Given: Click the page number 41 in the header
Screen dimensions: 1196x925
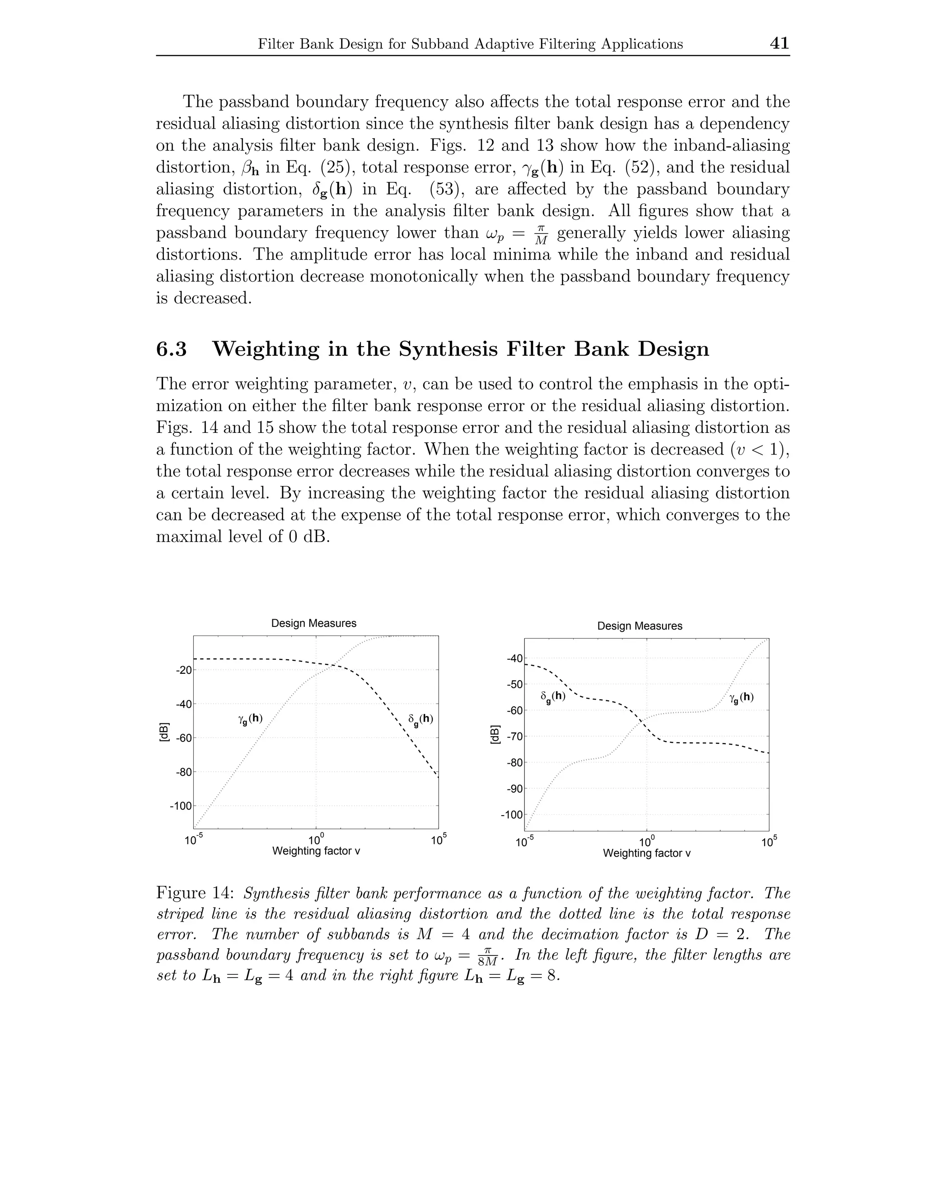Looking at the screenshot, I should pyautogui.click(x=779, y=43).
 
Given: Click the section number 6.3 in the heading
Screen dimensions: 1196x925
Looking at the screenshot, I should pyautogui.click(x=172, y=349).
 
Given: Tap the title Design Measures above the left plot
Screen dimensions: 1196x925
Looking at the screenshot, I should pyautogui.click(x=314, y=623).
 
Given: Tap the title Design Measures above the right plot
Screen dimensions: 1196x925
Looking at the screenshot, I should pyautogui.click(x=640, y=626).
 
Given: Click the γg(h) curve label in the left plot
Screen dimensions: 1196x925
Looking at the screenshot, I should pyautogui.click(x=250, y=719).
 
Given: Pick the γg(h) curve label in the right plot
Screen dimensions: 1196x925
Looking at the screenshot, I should pyautogui.click(x=742, y=698).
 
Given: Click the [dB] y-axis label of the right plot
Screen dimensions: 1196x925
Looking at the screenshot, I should pyautogui.click(x=495, y=734).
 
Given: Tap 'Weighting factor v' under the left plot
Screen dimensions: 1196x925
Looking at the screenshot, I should pyautogui.click(x=316, y=851).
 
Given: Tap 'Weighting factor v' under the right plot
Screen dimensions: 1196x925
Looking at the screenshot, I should pyautogui.click(x=647, y=853).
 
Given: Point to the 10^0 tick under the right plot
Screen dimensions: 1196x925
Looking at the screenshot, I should pyautogui.click(x=647, y=842).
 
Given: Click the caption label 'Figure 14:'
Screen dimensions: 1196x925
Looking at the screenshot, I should pyautogui.click(x=196, y=893).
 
